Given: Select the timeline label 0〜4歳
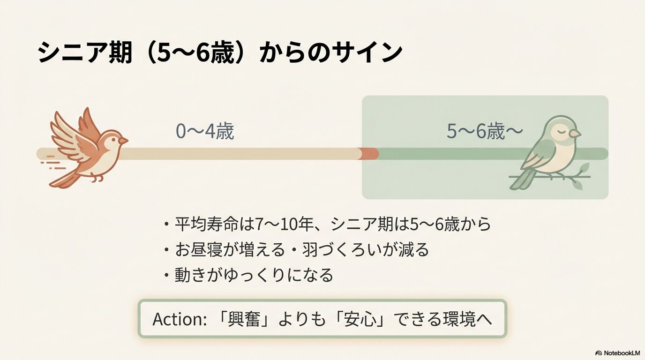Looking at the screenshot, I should tap(204, 132).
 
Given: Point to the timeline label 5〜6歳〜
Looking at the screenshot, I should tap(484, 132).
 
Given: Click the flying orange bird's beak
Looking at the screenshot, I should tap(124, 140).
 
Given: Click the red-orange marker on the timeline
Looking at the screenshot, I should tap(368, 154).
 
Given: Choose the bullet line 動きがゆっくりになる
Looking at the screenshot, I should tap(254, 275).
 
